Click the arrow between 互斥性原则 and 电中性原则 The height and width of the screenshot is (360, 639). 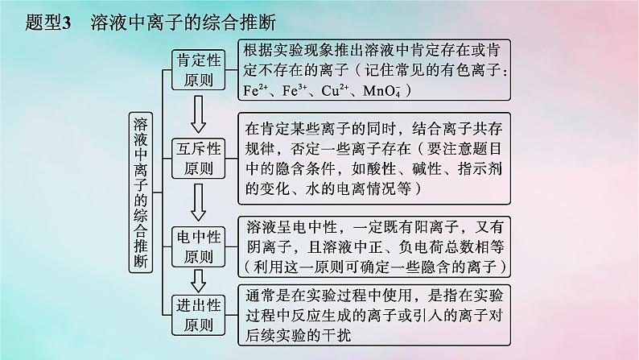[199, 201]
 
